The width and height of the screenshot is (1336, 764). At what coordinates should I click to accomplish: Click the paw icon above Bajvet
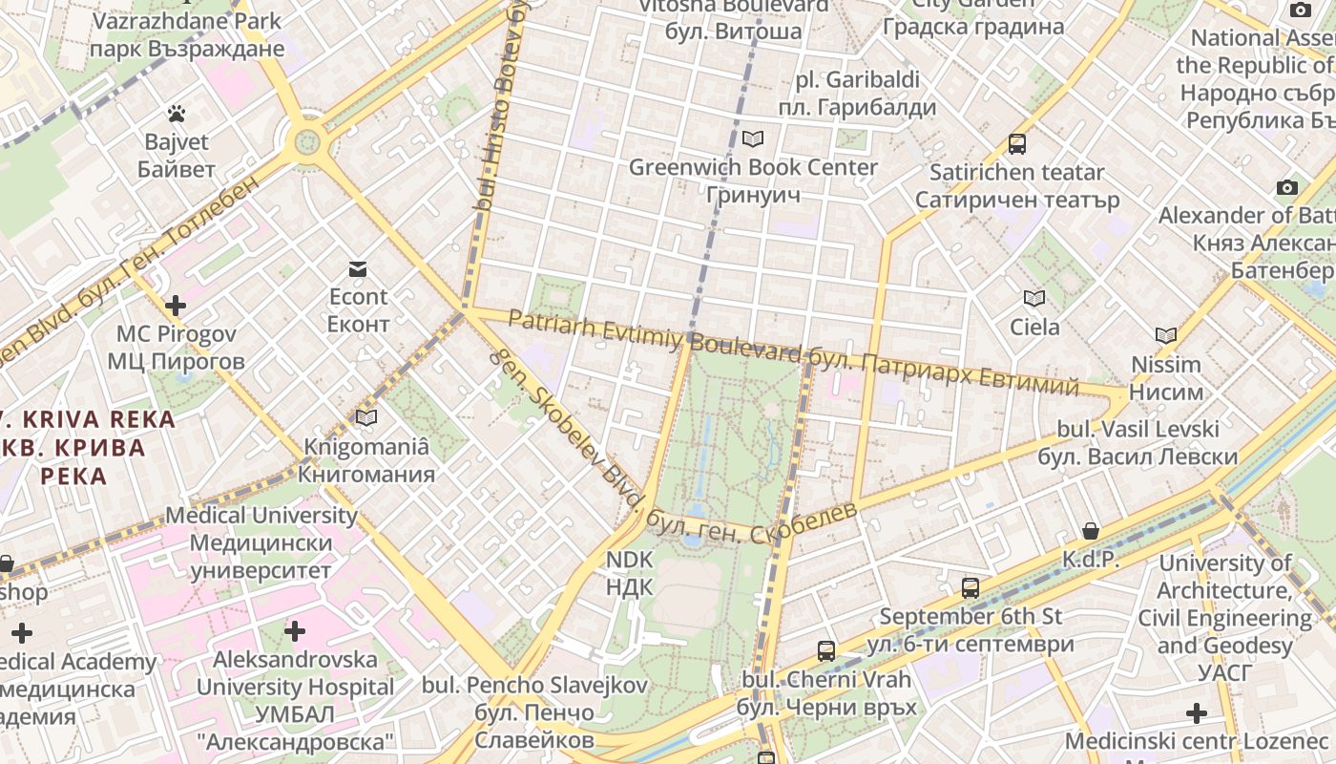tap(176, 114)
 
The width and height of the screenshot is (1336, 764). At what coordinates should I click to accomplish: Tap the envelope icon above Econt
tap(358, 269)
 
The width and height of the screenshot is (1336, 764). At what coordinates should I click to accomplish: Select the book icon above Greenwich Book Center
tap(753, 139)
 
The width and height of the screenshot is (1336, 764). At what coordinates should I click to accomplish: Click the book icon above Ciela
tap(1034, 298)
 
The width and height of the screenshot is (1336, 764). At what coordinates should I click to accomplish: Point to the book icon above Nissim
tap(1165, 335)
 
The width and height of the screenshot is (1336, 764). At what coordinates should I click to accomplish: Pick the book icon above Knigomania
tap(366, 417)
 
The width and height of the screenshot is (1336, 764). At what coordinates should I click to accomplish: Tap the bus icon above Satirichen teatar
tap(1017, 144)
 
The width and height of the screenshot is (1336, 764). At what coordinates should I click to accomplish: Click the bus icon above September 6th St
tap(971, 587)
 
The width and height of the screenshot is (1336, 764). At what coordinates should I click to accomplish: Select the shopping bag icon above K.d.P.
tap(1091, 531)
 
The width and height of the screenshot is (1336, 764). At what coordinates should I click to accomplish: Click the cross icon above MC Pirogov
tap(175, 306)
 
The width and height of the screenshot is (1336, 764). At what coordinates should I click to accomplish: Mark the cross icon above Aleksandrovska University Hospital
tap(295, 630)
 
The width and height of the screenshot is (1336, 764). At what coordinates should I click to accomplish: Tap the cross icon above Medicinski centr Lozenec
tap(1196, 712)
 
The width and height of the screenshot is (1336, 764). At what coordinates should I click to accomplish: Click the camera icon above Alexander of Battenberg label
tap(1287, 187)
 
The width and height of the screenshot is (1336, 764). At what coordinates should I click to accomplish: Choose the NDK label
tap(630, 573)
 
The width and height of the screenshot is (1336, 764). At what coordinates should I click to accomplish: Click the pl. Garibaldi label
tap(857, 93)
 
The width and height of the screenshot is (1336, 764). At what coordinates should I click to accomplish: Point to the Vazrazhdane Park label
tap(188, 34)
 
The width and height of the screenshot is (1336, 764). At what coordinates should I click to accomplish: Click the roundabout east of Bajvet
tap(307, 142)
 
